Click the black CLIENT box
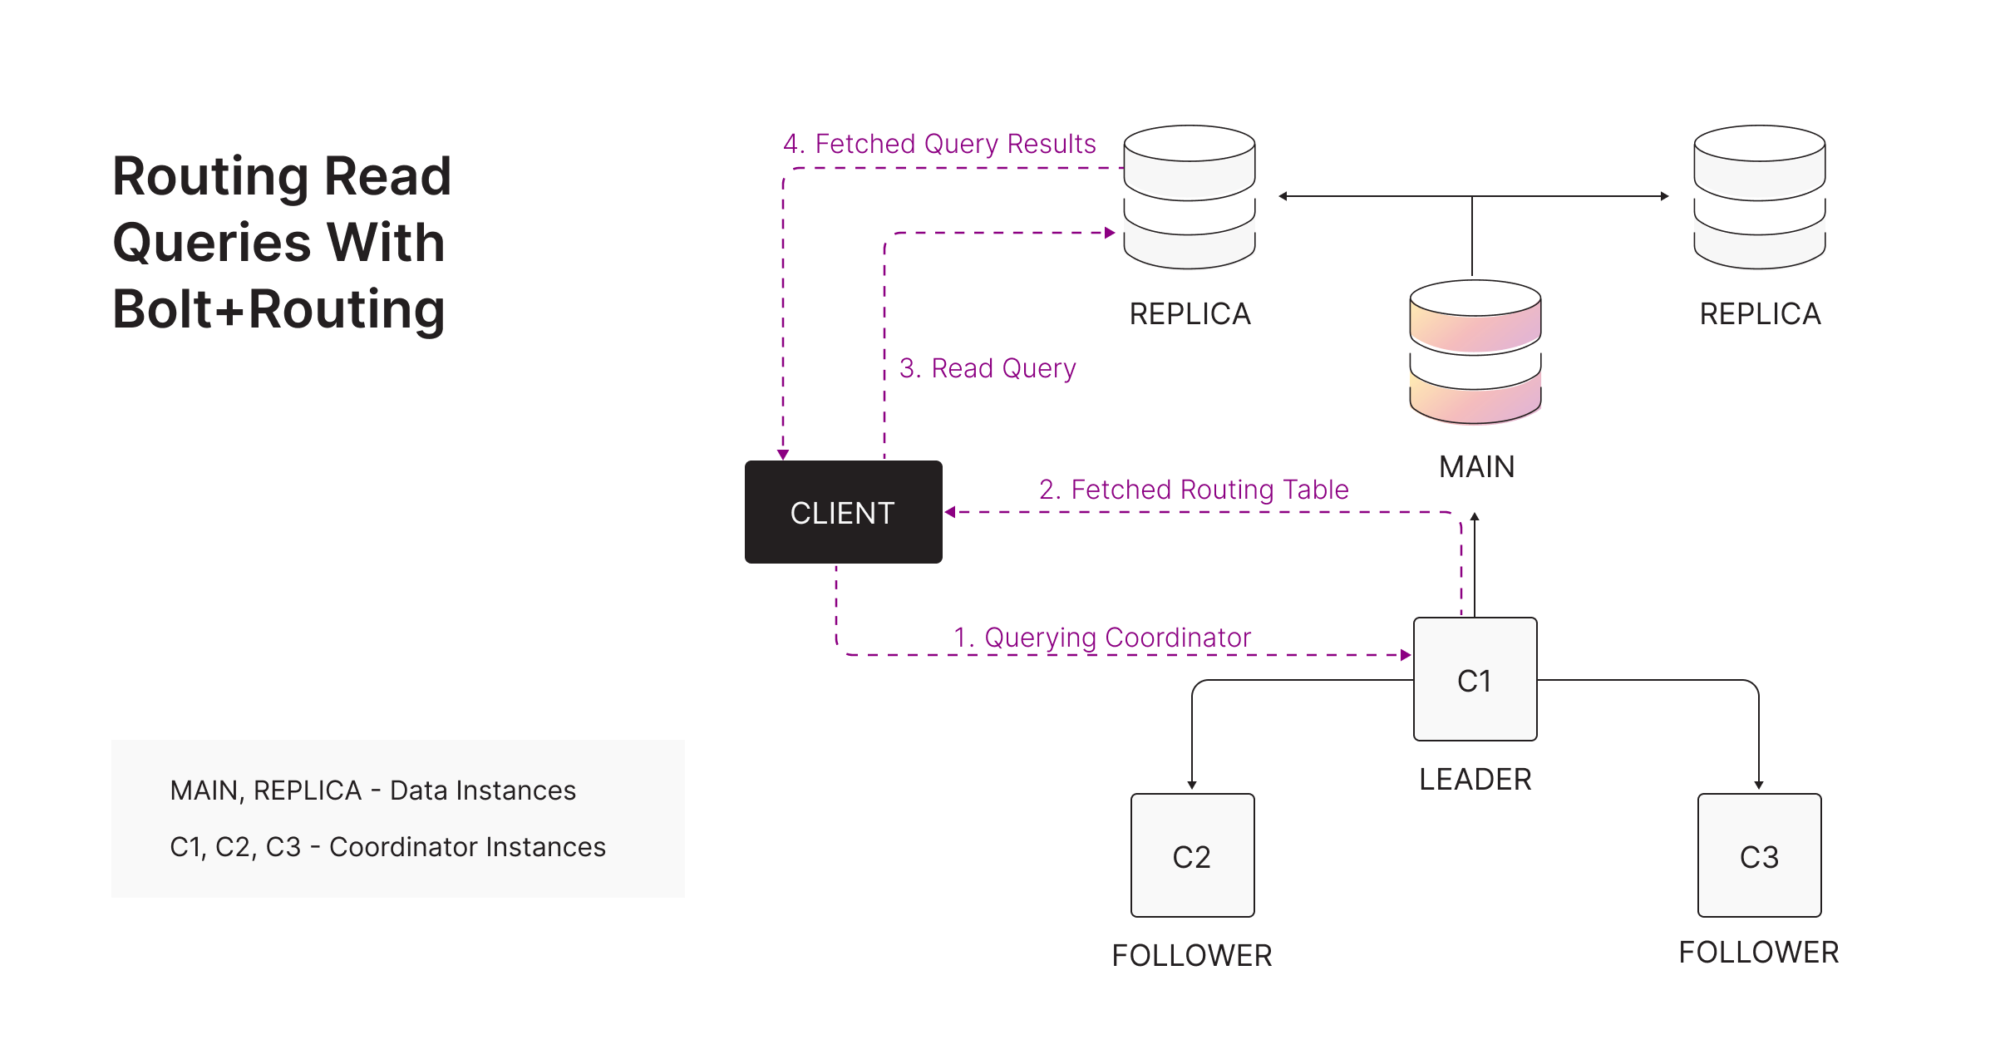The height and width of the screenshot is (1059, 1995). click(843, 512)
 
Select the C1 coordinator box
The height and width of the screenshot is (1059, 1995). click(1475, 679)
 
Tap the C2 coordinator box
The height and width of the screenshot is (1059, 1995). click(1192, 855)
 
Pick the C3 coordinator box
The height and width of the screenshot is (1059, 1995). click(1759, 855)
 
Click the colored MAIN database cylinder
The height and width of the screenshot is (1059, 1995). click(1475, 352)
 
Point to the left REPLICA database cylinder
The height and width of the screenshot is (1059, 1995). click(1190, 197)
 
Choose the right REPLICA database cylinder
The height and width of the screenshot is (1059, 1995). click(1760, 197)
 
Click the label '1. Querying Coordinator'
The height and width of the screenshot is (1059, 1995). click(1102, 638)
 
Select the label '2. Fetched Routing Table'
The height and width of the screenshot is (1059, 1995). click(1194, 490)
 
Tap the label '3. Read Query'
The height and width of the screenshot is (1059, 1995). click(988, 368)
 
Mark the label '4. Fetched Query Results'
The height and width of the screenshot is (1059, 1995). click(939, 144)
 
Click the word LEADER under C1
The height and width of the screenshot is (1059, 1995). click(1475, 780)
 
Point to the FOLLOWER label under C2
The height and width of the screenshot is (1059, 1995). click(1192, 956)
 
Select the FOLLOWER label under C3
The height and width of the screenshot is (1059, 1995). click(1759, 953)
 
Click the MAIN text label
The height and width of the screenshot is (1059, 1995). click(1477, 467)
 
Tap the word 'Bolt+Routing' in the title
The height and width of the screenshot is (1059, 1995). click(278, 309)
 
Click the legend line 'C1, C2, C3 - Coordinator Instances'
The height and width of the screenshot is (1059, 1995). click(387, 847)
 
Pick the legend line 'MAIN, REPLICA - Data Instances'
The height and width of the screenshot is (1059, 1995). click(372, 791)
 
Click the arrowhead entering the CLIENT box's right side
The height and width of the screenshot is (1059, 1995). click(950, 512)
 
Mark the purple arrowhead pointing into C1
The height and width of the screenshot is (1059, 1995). click(1406, 655)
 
